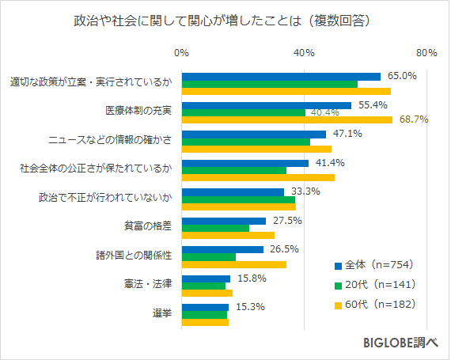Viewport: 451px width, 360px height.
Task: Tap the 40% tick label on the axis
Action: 304,53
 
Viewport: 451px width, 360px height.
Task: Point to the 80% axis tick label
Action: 426,53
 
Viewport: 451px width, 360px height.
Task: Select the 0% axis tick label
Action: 181,53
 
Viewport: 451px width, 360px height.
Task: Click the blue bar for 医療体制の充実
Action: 267,105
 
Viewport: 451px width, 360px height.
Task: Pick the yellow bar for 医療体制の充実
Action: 287,120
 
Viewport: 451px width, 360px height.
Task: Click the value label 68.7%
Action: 414,120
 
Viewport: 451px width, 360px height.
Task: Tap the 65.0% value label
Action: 402,76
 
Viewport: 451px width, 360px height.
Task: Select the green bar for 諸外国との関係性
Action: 209,256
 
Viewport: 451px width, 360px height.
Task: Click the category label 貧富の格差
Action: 149,225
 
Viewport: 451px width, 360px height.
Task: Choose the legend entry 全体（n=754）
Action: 375,264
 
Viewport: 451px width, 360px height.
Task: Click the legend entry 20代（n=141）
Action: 375,284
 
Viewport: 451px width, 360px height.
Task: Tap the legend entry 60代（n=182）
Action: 375,304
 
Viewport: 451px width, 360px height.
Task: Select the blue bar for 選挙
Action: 205,307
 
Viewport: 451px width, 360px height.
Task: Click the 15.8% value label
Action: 252,279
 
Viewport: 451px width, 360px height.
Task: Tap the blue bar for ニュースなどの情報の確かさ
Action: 254,135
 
